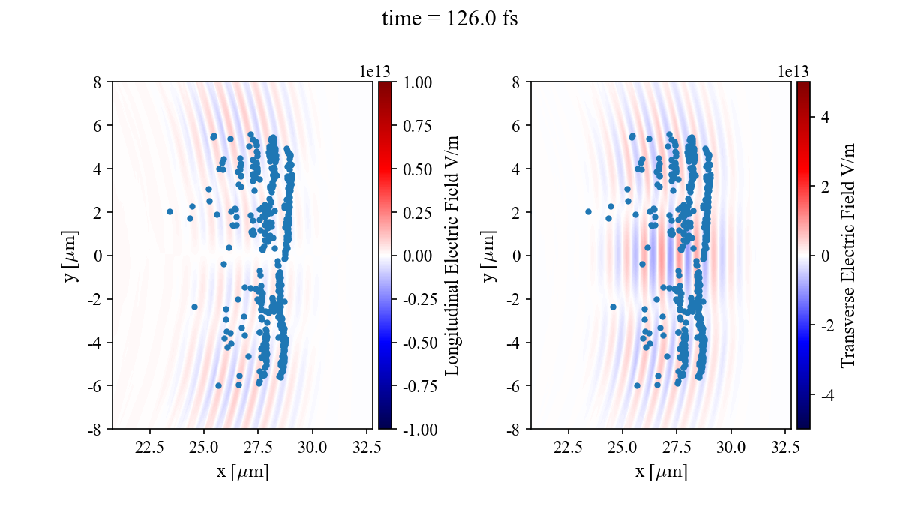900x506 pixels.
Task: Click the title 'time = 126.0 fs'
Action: [x=449, y=19]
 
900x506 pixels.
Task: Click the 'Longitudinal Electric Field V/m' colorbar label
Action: [x=451, y=255]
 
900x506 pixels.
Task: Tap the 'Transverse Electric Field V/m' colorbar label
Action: [x=847, y=255]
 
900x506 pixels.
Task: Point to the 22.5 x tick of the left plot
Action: [x=150, y=447]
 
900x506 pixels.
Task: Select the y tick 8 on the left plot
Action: [x=97, y=82]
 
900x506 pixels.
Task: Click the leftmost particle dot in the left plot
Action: [x=169, y=212]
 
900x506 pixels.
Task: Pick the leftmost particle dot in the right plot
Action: [x=588, y=212]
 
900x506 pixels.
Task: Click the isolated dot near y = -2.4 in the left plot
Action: [x=194, y=307]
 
